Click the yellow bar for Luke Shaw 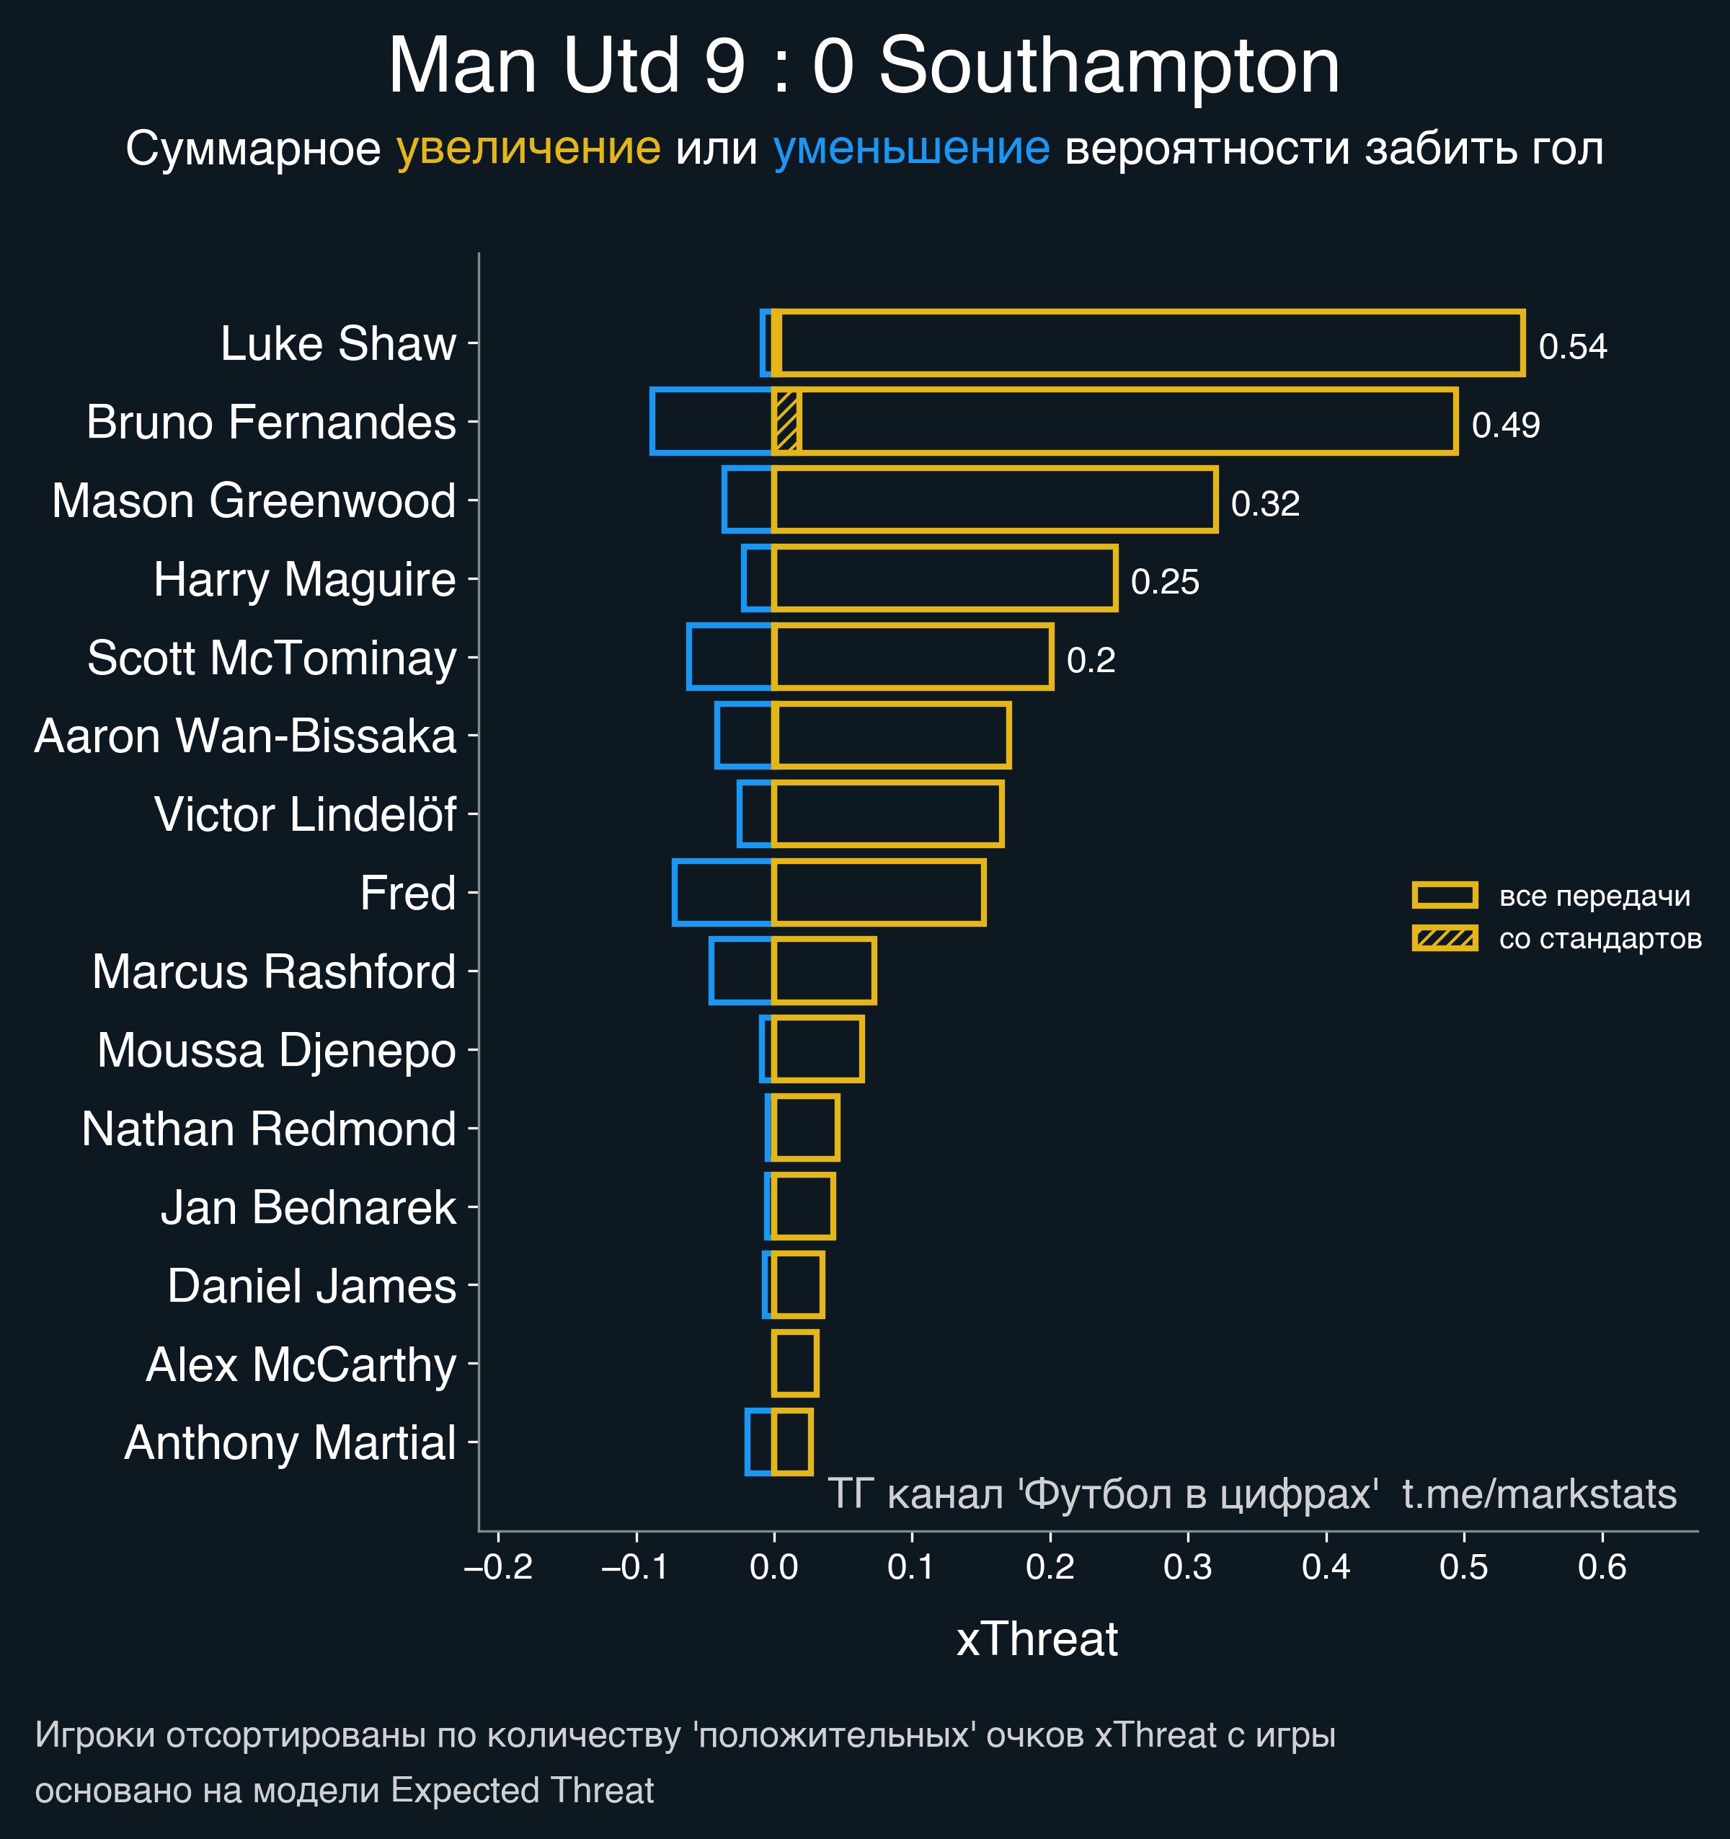pyautogui.click(x=1147, y=343)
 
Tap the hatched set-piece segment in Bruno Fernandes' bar pyautogui.click(x=786, y=422)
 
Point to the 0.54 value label pyautogui.click(x=1572, y=347)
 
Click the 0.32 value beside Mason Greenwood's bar pyautogui.click(x=1265, y=504)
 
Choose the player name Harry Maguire pyautogui.click(x=304, y=580)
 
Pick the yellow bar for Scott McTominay pyautogui.click(x=912, y=657)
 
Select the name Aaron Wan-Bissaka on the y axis pyautogui.click(x=245, y=736)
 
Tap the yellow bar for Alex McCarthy pyautogui.click(x=795, y=1364)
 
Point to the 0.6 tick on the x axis pyautogui.click(x=1602, y=1567)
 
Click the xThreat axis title pyautogui.click(x=1037, y=1639)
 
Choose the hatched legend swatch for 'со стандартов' pyautogui.click(x=1445, y=938)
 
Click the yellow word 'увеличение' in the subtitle pyautogui.click(x=528, y=149)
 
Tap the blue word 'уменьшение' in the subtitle pyautogui.click(x=910, y=149)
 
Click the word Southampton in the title pyautogui.click(x=1109, y=66)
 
